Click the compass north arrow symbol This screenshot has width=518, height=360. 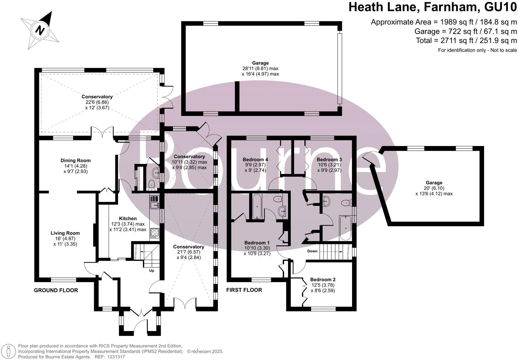(x=41, y=30)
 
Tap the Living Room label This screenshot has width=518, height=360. (x=65, y=233)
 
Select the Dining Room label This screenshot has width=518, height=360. (x=76, y=160)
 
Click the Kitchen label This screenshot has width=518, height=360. (x=128, y=218)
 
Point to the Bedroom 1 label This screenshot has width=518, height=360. (x=257, y=243)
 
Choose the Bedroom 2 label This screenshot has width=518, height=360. (x=322, y=279)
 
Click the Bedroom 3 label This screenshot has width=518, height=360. (x=329, y=159)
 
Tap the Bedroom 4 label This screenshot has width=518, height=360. (x=256, y=159)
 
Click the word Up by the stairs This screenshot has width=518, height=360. (x=152, y=271)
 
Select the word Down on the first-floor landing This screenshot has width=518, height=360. (x=312, y=251)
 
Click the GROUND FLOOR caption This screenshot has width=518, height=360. (x=56, y=290)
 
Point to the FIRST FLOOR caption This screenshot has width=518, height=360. (x=244, y=290)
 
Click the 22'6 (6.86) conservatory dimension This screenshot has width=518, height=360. (x=97, y=102)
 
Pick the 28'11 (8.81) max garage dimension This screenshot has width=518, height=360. (x=260, y=68)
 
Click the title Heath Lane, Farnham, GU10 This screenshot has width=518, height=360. (x=433, y=7)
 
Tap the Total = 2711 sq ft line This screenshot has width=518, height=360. (x=466, y=41)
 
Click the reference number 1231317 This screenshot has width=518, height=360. (x=114, y=357)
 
